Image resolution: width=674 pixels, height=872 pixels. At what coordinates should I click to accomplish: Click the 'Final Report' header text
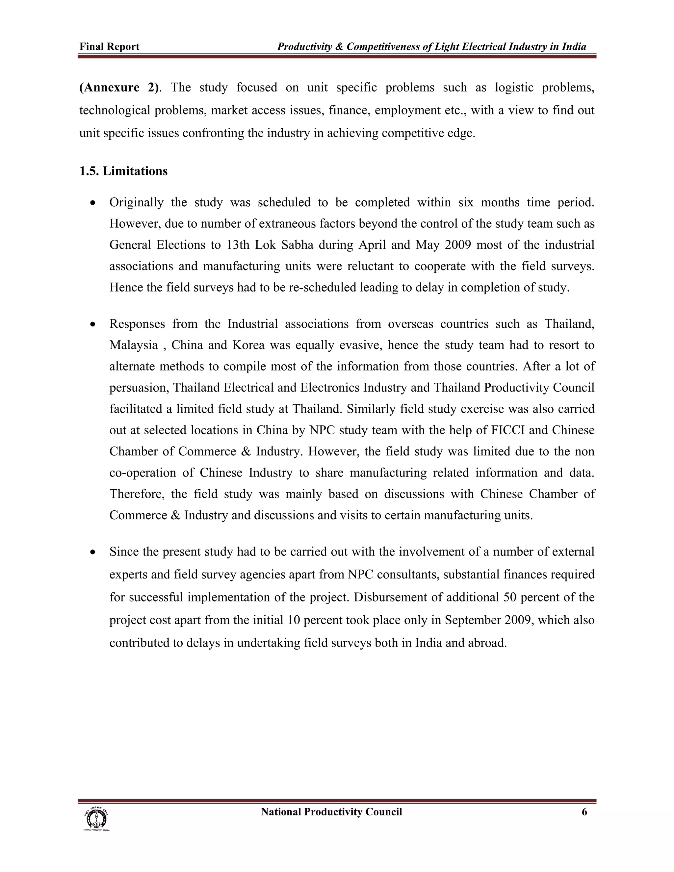pyautogui.click(x=109, y=47)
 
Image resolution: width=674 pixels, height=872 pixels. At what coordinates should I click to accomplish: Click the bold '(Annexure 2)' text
pyautogui.click(x=118, y=88)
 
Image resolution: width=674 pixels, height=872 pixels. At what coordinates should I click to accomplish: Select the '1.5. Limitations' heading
pyautogui.click(x=123, y=171)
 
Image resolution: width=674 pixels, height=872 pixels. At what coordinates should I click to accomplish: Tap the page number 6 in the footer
pyautogui.click(x=584, y=812)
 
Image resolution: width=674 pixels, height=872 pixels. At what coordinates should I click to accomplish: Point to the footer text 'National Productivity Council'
pyautogui.click(x=331, y=812)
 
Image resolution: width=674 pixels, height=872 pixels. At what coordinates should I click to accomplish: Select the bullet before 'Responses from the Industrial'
pyautogui.click(x=93, y=324)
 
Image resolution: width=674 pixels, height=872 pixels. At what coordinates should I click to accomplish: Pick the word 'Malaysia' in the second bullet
pyautogui.click(x=133, y=346)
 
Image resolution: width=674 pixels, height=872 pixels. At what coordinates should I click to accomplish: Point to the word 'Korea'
pyautogui.click(x=248, y=346)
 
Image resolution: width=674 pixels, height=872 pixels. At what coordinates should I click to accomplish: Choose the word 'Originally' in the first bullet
pyautogui.click(x=136, y=202)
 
